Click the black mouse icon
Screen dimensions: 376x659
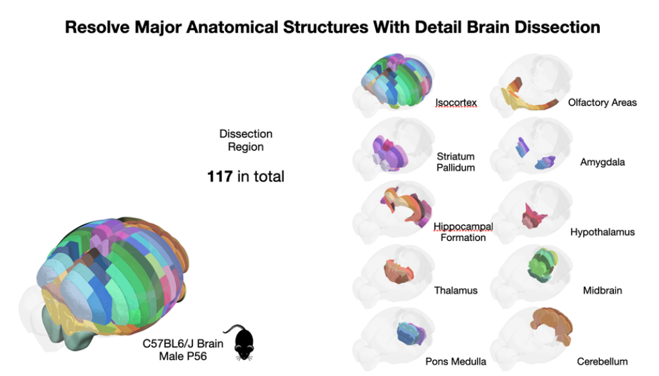(243, 343)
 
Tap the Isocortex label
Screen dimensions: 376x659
(456, 102)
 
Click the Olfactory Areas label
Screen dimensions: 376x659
(602, 102)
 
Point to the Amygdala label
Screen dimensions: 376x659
(602, 162)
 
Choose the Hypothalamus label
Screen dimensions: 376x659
(602, 232)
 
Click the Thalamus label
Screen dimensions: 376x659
(456, 291)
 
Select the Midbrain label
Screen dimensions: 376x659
(602, 291)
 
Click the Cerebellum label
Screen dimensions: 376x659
(602, 361)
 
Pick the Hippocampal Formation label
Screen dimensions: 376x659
(463, 232)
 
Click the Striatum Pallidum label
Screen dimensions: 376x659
(456, 162)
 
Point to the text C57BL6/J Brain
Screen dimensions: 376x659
(183, 344)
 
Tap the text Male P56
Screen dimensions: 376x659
(183, 355)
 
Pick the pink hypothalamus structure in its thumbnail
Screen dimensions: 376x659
(532, 217)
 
